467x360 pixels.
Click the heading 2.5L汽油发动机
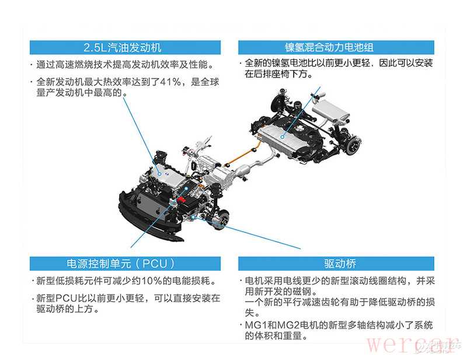[123, 48]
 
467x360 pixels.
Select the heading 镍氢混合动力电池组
[329, 47]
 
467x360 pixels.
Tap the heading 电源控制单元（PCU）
[121, 264]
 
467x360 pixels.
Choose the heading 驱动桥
[340, 264]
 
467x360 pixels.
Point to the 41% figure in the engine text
[170, 82]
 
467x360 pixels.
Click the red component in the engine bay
[182, 200]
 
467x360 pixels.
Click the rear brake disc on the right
[353, 146]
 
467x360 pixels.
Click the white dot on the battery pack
[283, 137]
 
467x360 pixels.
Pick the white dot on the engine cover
[159, 174]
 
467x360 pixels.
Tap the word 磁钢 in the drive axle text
[302, 291]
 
